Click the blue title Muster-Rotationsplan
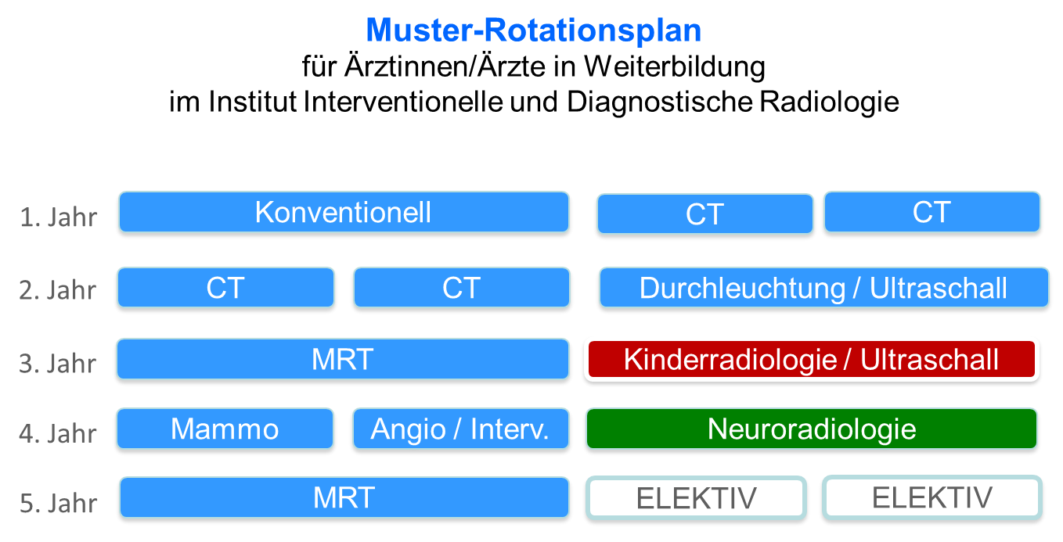click(x=533, y=31)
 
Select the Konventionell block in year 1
click(x=344, y=212)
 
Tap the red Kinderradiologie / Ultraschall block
click(x=812, y=360)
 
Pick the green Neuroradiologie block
click(x=812, y=429)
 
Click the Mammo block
click(x=225, y=429)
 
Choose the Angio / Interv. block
click(x=461, y=429)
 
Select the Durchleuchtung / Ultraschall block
click(x=823, y=288)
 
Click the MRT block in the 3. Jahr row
click(x=343, y=359)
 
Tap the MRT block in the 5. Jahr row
click(x=344, y=497)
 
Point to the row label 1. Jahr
click(x=59, y=217)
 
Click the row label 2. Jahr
click(x=57, y=290)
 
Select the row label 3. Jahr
click(x=57, y=364)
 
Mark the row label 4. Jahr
click(x=57, y=434)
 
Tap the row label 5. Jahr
click(x=59, y=503)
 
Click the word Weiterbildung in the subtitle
click(x=674, y=66)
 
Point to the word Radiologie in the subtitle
click(x=830, y=102)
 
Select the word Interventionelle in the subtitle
click(x=402, y=102)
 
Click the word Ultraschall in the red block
click(x=929, y=360)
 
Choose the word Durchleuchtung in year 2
click(x=742, y=289)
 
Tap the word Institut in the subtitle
click(x=252, y=102)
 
